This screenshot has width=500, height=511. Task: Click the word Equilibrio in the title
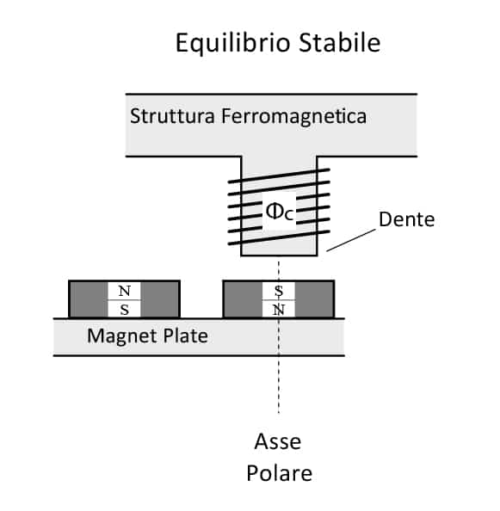coord(232,43)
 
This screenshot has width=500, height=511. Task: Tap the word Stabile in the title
coord(339,42)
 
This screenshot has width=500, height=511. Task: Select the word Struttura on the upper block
coord(172,115)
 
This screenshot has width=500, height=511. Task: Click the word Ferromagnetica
coord(293,117)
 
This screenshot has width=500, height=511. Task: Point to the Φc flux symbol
coord(280,212)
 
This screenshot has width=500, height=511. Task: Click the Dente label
coord(406,219)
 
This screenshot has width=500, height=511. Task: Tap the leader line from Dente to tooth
coord(351,240)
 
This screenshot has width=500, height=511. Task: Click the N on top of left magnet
coord(124,291)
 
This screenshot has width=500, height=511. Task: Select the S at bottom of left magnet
coord(124,310)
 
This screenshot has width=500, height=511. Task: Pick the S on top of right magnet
coord(279,291)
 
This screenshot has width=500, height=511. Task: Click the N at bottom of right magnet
coord(279,310)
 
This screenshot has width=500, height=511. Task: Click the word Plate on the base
coord(185,336)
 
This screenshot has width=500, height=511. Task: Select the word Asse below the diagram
coord(278,441)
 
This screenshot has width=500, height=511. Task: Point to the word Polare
coord(280,473)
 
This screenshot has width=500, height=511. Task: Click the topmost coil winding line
coord(279,175)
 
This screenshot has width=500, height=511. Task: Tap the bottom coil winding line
coord(279,237)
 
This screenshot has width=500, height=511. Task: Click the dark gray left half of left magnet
coord(89,299)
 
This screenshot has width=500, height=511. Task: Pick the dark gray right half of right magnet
coord(314,299)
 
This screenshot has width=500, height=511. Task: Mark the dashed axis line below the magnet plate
coord(279,385)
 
